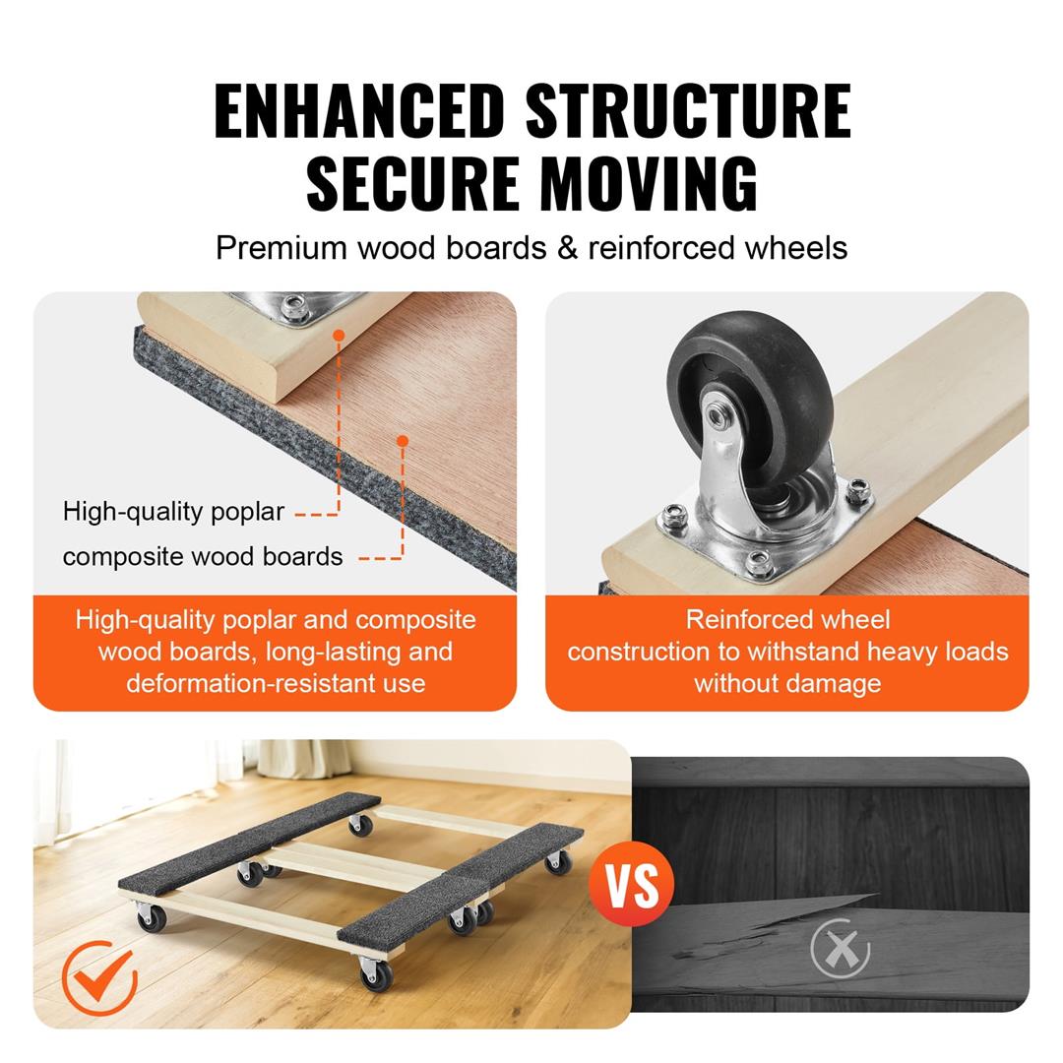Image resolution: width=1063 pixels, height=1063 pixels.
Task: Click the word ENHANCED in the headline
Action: click(x=358, y=110)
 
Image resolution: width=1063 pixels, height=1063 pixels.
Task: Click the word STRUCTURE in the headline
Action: click(x=688, y=110)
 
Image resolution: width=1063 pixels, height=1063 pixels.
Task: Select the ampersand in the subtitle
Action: click(x=567, y=247)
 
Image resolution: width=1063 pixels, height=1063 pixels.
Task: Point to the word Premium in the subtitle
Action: click(x=281, y=247)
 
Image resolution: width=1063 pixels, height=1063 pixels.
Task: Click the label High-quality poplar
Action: click(x=173, y=512)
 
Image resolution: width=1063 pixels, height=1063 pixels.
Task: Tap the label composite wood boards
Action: click(x=203, y=557)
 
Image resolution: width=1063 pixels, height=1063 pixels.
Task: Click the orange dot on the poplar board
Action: click(x=339, y=336)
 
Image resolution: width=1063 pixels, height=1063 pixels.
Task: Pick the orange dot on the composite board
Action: click(x=403, y=441)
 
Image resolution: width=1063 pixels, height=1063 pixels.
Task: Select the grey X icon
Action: click(x=840, y=950)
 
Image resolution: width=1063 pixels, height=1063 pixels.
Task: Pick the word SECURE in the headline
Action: click(x=411, y=182)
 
